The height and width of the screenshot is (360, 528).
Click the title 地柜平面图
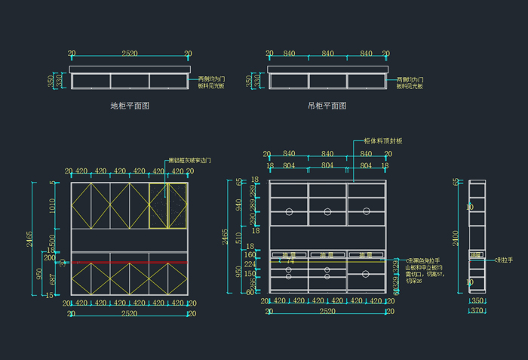(130, 106)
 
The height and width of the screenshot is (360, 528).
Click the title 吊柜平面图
(327, 106)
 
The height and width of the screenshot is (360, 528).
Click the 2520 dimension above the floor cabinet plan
(130, 54)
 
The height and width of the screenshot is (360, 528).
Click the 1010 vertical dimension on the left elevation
(53, 205)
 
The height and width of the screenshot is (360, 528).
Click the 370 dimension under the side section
(477, 310)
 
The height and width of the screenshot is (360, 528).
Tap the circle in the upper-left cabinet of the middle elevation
(289, 212)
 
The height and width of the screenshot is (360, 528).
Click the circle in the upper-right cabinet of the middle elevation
(366, 212)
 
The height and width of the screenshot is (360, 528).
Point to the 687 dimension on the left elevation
(53, 278)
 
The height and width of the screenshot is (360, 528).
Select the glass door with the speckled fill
(168, 205)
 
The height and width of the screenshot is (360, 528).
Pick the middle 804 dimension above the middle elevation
(327, 165)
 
